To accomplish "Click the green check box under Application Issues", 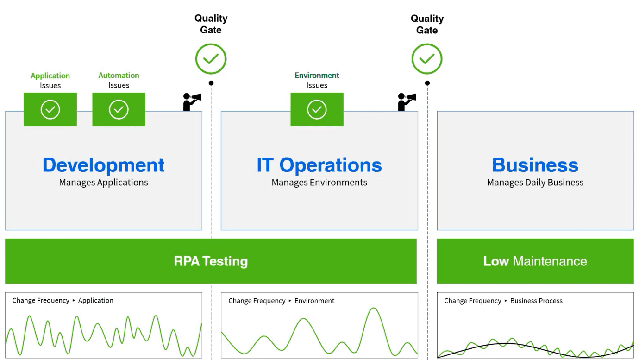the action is coord(50,109).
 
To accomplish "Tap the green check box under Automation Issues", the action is coord(119,109).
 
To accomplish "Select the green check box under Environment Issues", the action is coord(317,109).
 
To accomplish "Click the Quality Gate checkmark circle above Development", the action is coord(211,59).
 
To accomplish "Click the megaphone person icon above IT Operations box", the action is coord(407,102).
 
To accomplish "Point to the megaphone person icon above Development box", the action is coord(192,102).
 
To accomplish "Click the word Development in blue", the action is coord(104,165).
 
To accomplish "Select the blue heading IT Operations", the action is coord(319,165).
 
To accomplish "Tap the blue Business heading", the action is coord(535,165).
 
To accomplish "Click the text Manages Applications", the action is coord(104,183).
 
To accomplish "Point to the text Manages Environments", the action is coord(319,183).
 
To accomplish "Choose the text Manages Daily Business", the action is coord(535,183).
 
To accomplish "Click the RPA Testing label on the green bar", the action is coord(211,261).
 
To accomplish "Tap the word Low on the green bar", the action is coord(496,261).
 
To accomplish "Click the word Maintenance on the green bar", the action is coord(550,261).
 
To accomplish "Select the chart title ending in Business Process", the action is coord(503,301).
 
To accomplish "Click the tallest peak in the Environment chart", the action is coord(373,308).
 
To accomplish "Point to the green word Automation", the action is coord(119,76).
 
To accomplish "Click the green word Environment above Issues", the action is coord(317,76).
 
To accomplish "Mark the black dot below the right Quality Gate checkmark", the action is coord(427,83).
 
